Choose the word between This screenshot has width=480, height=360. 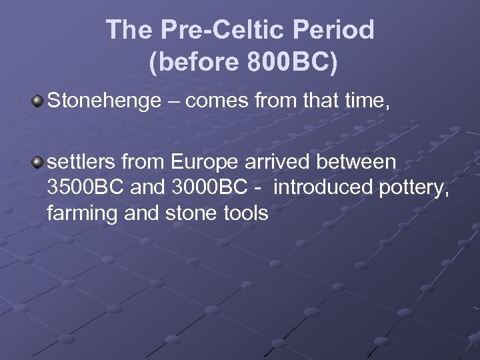(x=361, y=162)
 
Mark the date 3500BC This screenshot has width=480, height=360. (x=86, y=188)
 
